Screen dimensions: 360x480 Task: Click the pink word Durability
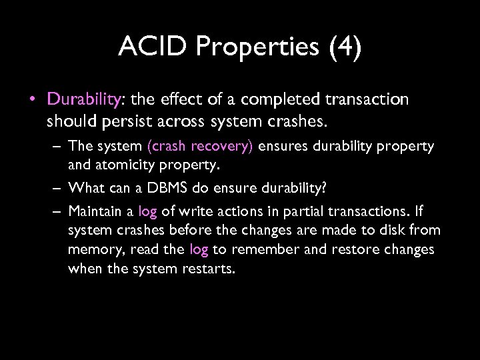(83, 99)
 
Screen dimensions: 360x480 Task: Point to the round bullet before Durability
(32, 100)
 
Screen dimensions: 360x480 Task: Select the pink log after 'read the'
(199, 250)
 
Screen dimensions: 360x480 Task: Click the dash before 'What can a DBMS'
(58, 188)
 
